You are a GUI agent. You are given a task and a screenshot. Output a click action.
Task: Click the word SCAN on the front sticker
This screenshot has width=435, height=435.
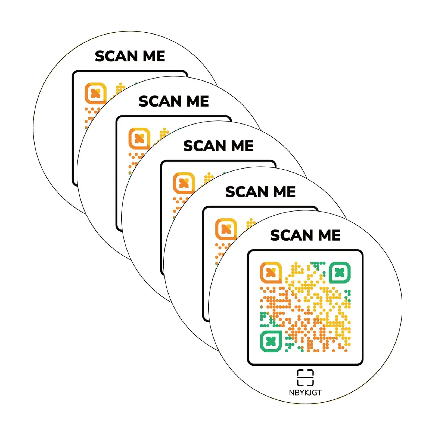point(291,235)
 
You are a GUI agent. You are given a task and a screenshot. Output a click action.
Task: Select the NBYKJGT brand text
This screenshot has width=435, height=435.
point(305,393)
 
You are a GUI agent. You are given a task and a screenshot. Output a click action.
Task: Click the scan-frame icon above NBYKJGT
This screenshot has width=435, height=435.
point(305,377)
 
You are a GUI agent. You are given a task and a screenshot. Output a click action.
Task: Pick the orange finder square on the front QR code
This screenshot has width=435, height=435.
point(271,272)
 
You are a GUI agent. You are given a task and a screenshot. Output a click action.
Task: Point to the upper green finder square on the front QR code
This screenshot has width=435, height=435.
point(340,272)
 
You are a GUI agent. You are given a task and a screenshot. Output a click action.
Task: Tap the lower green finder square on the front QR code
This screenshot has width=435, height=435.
point(271,341)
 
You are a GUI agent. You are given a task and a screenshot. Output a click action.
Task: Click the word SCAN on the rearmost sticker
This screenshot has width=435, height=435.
point(116,56)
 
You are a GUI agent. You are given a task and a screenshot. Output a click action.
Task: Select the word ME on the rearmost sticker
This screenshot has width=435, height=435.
point(154,56)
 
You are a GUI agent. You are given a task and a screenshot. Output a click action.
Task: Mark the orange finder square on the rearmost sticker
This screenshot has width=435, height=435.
point(95,93)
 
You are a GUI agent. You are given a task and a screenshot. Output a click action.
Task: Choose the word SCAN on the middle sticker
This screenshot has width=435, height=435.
point(204,146)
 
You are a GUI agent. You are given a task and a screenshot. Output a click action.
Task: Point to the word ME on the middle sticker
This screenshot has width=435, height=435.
point(242,146)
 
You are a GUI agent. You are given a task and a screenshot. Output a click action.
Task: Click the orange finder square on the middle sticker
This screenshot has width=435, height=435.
point(184,183)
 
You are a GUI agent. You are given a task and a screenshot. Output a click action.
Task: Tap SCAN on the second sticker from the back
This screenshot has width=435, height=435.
point(160,101)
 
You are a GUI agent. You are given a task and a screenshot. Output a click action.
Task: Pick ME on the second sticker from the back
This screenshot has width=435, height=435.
point(198,101)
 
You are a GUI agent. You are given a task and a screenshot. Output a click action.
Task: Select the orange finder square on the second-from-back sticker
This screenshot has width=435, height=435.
point(139,138)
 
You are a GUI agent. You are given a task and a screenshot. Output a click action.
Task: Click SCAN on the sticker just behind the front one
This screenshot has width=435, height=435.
point(247,192)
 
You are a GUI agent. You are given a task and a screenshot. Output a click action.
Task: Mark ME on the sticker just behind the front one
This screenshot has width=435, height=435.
point(284,192)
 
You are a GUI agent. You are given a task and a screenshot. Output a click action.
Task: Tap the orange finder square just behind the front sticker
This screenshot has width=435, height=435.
point(226,229)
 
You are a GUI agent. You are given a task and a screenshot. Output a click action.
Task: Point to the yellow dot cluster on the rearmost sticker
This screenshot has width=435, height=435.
point(120,88)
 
